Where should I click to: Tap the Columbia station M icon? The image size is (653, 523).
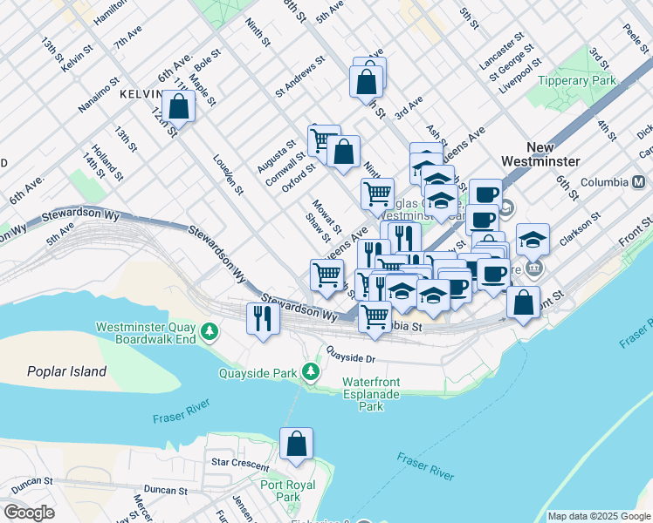(x=638, y=182)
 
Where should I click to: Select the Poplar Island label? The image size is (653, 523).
(x=66, y=371)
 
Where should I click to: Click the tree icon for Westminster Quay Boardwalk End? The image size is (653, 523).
(x=210, y=332)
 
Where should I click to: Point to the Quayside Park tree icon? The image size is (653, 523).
(x=309, y=373)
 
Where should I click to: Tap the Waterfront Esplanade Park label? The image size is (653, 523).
(x=371, y=394)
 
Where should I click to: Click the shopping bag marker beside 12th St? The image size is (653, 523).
(x=178, y=107)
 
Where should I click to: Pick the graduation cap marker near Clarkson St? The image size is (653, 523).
(x=533, y=238)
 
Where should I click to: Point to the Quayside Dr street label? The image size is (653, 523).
(x=351, y=357)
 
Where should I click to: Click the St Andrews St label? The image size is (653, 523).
(x=299, y=77)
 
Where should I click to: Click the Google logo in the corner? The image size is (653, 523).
(x=29, y=513)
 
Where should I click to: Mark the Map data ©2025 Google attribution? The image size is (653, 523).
(x=598, y=516)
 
